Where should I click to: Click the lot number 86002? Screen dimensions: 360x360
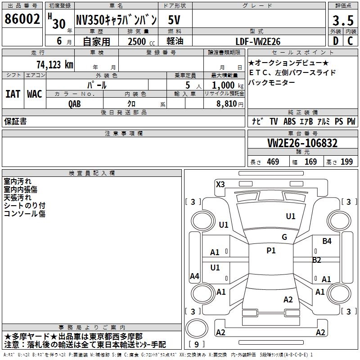[22, 19]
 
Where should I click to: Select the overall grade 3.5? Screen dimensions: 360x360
[343, 21]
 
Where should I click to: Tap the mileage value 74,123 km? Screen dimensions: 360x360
[55, 64]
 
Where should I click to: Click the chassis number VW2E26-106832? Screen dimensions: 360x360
[302, 143]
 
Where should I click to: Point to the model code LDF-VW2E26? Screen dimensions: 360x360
[258, 41]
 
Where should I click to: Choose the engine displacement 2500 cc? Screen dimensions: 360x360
[141, 41]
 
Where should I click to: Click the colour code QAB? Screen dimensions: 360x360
[75, 104]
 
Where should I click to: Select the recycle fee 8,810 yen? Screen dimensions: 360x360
[230, 104]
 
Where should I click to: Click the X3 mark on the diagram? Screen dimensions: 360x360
[220, 184]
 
